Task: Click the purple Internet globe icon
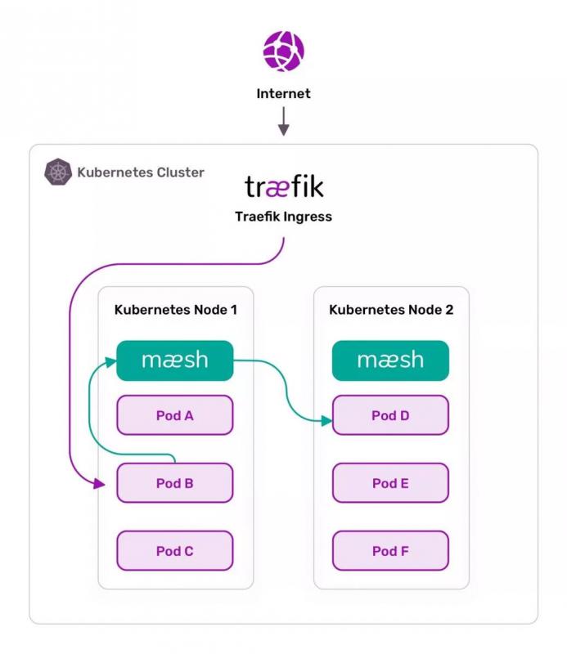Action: point(283,51)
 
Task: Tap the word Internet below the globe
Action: point(283,94)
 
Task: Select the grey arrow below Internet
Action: point(283,122)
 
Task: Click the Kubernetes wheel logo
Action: point(58,172)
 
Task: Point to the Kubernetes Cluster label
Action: point(140,172)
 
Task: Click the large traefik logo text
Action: point(284,187)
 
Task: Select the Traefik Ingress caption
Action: point(283,217)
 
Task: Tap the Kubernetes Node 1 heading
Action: point(176,310)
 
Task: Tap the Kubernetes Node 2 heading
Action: point(391,310)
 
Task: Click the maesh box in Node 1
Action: point(175,361)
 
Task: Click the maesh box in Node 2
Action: point(390,361)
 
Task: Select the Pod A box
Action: point(175,415)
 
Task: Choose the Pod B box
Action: point(175,483)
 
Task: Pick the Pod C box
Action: point(175,551)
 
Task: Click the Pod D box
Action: point(390,415)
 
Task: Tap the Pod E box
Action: point(390,483)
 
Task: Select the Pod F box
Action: point(390,551)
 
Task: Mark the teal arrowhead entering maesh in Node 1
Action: point(111,361)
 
